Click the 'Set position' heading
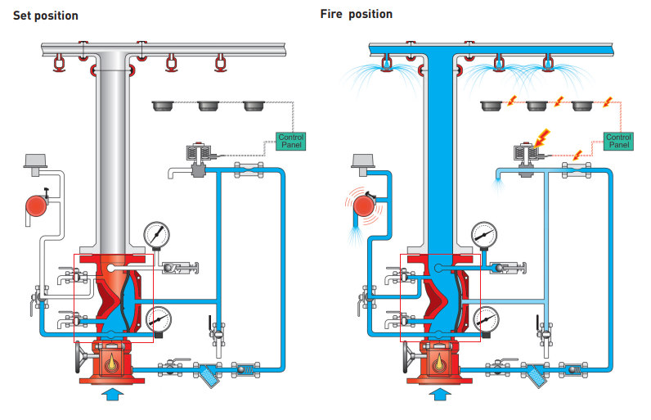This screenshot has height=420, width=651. [46, 16]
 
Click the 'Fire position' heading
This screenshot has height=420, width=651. [357, 14]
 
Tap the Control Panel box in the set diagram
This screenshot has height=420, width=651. [291, 141]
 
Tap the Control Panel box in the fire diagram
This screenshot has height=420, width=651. [618, 141]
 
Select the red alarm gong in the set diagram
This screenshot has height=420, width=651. [37, 205]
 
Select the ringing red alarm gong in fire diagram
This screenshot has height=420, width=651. [361, 205]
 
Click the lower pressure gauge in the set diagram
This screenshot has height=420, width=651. [159, 320]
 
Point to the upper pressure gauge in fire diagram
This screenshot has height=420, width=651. [484, 234]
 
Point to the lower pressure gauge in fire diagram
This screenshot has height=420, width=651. [487, 320]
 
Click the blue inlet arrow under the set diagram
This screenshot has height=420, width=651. [111, 395]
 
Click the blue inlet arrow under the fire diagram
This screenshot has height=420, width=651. [439, 395]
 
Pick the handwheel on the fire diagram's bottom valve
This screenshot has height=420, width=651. [409, 357]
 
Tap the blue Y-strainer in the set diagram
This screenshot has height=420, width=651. [209, 373]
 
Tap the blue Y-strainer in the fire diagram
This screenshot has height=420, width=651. [537, 373]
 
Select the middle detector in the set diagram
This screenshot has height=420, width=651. [210, 106]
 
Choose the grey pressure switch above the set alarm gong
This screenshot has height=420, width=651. [35, 161]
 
